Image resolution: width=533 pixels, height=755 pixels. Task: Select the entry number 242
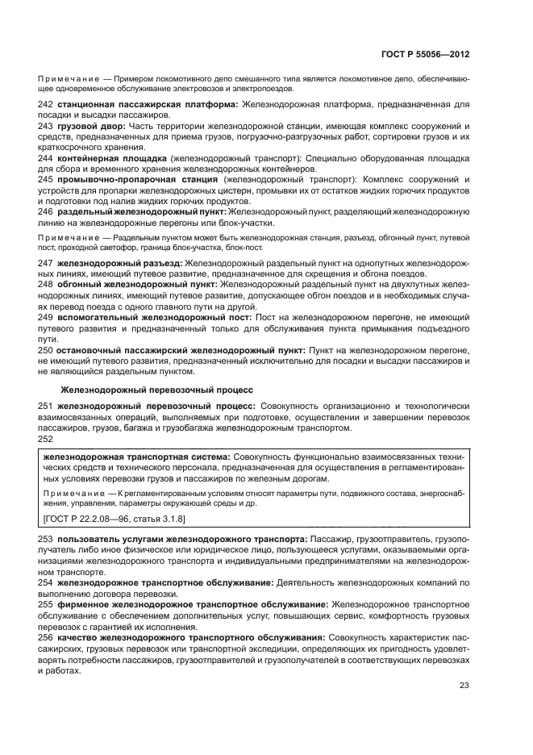pos(45,105)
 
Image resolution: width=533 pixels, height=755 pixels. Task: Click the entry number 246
pos(45,211)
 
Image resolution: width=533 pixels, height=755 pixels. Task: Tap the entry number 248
pos(45,286)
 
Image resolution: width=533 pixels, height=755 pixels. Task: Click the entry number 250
pos(45,350)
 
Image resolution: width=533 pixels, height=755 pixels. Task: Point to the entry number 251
pos(45,409)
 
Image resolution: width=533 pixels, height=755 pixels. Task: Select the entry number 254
pos(45,581)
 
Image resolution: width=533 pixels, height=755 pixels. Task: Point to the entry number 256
pos(45,635)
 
